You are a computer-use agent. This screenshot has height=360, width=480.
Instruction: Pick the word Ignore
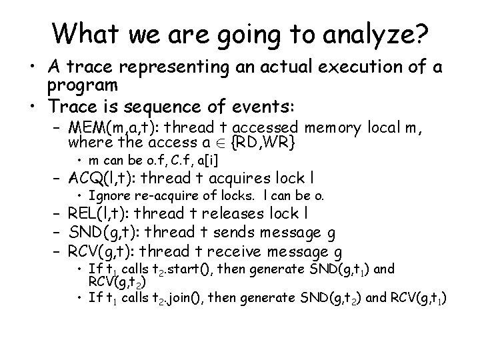pos(108,196)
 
